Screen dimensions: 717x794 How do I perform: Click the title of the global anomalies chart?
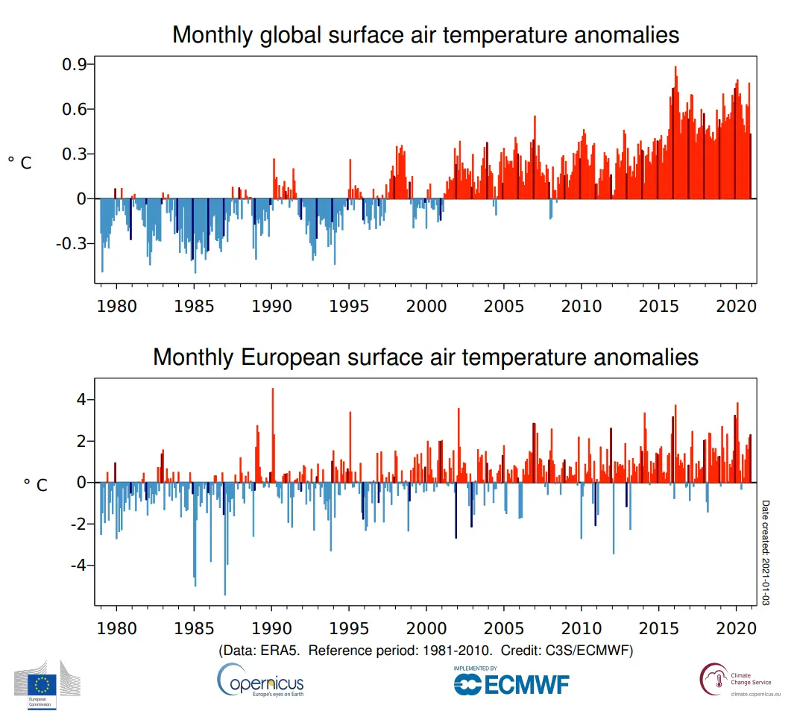click(x=426, y=35)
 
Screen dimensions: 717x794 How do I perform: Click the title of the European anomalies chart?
click(x=426, y=357)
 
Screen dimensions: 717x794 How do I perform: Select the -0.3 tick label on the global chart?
click(x=74, y=244)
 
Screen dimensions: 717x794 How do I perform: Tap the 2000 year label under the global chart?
click(x=426, y=306)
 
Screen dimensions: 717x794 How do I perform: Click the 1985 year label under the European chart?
click(x=194, y=628)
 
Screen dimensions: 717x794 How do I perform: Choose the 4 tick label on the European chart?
click(x=81, y=400)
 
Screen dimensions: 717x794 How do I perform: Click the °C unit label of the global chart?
click(x=20, y=163)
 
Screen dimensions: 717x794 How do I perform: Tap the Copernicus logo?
click(x=260, y=681)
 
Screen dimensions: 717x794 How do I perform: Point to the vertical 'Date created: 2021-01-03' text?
click(x=766, y=553)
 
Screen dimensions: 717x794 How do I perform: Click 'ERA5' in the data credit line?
click(x=282, y=651)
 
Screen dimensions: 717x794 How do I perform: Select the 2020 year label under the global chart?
click(x=737, y=306)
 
